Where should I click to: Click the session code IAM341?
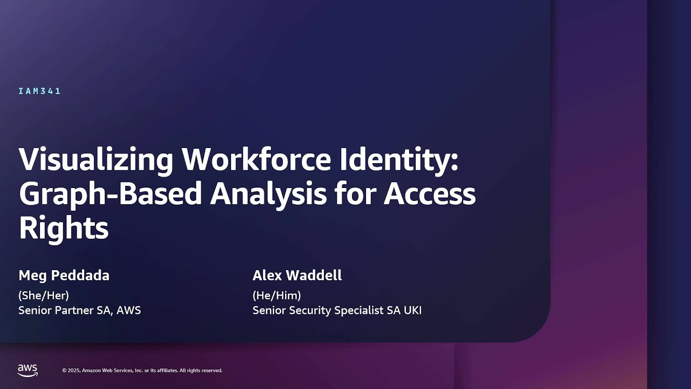pyautogui.click(x=39, y=91)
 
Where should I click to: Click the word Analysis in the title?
pyautogui.click(x=268, y=194)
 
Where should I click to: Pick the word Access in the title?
pyautogui.click(x=430, y=194)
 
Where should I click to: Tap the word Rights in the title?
pyautogui.click(x=64, y=228)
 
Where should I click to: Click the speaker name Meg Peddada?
pyautogui.click(x=64, y=276)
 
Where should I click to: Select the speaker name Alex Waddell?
pyautogui.click(x=297, y=276)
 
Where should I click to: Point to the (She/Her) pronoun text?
pyautogui.click(x=44, y=296)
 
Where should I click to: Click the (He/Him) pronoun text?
pyautogui.click(x=276, y=296)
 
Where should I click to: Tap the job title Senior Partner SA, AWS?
pyautogui.click(x=79, y=311)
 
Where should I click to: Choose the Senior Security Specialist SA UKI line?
pyautogui.click(x=337, y=311)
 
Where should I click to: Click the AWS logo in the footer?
pyautogui.click(x=28, y=370)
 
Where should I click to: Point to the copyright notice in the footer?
pyautogui.click(x=142, y=371)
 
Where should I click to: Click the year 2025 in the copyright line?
pyautogui.click(x=74, y=371)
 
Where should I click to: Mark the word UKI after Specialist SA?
pyautogui.click(x=412, y=311)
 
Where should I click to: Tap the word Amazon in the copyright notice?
pyautogui.click(x=91, y=371)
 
